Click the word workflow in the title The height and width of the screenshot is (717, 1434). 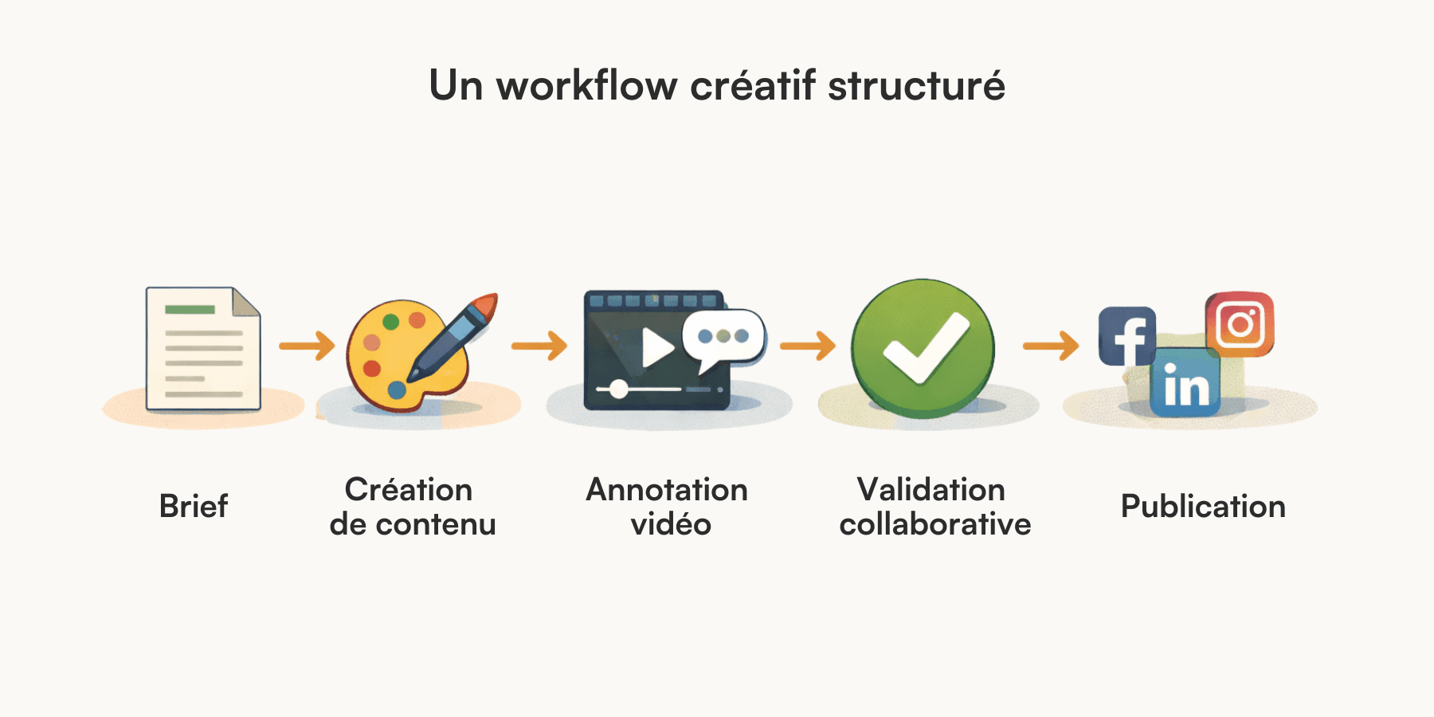(x=586, y=85)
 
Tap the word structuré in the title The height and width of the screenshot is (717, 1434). (x=916, y=85)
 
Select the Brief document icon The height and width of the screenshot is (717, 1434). (x=203, y=349)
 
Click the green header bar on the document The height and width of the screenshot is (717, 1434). (x=190, y=309)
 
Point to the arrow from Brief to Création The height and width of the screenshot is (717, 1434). (x=307, y=346)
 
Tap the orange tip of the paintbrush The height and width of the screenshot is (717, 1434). (x=485, y=305)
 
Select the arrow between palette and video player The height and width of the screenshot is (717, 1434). (x=539, y=346)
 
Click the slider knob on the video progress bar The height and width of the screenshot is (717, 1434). (x=618, y=390)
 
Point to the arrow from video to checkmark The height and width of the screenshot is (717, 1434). (x=808, y=346)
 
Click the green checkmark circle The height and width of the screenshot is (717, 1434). (x=923, y=348)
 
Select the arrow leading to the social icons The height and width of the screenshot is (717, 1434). (x=1051, y=346)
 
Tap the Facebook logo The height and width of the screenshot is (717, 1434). (x=1126, y=336)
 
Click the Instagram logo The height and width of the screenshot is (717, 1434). (x=1240, y=324)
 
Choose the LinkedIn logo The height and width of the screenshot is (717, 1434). (x=1185, y=383)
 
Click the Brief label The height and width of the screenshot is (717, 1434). (x=194, y=507)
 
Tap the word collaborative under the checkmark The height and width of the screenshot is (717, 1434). (x=935, y=524)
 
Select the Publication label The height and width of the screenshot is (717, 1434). (x=1203, y=507)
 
